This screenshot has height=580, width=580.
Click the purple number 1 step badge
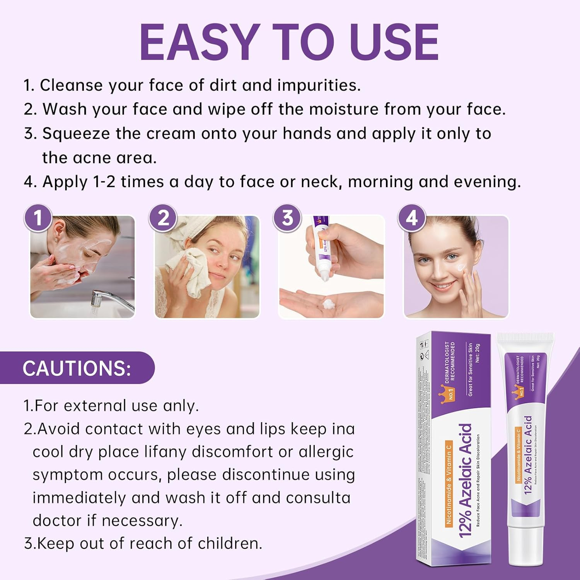pyautogui.click(x=38, y=218)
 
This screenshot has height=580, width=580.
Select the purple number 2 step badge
pyautogui.click(x=163, y=218)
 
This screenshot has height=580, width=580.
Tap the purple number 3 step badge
pyautogui.click(x=287, y=218)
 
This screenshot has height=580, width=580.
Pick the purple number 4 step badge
pyautogui.click(x=412, y=218)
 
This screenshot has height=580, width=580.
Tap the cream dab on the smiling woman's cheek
pyautogui.click(x=461, y=267)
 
